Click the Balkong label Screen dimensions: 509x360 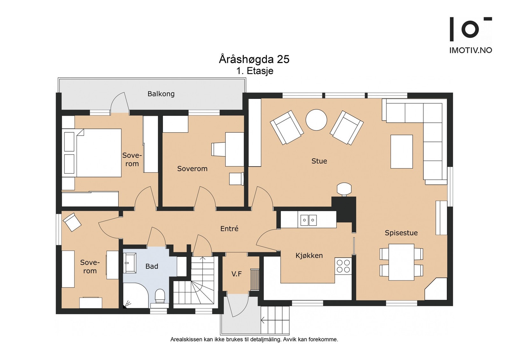coord(161,93)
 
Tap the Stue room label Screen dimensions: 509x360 coord(319,161)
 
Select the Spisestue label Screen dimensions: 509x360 coord(401,233)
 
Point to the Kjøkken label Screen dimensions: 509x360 coord(309,255)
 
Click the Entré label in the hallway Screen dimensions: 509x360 coord(229,228)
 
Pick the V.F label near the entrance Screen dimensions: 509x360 coord(237,274)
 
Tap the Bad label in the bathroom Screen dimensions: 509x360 coord(151,266)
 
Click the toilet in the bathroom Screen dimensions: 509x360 coord(160,296)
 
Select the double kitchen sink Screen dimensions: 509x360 coord(308,220)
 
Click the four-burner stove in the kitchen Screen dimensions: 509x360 coord(343,266)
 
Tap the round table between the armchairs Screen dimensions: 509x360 coord(316,120)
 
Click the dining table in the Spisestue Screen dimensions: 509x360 coord(401,262)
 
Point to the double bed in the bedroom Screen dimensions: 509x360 coord(92,153)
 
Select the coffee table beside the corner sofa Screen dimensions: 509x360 coord(401,151)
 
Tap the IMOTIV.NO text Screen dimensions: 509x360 coord(471,50)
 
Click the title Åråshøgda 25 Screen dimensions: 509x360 coord(254,59)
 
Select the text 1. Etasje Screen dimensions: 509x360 coord(255,71)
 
